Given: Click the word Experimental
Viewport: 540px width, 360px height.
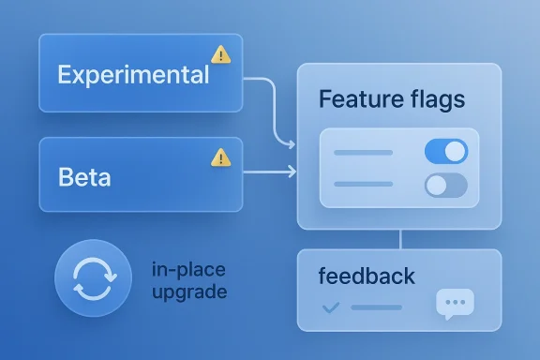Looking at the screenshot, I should [x=132, y=74].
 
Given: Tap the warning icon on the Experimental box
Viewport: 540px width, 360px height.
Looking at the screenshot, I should [x=221, y=53].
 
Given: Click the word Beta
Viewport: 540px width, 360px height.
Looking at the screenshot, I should [x=83, y=177].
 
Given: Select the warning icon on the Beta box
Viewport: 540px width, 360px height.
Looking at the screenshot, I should [x=221, y=157].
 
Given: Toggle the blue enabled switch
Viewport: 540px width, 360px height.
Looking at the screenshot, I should [x=445, y=152].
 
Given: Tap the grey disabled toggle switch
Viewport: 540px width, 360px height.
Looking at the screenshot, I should [x=445, y=185].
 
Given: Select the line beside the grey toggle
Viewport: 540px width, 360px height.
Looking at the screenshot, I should [x=363, y=185].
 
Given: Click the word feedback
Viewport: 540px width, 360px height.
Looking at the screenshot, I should [x=366, y=277].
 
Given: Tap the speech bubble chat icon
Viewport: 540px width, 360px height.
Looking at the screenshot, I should [x=455, y=304].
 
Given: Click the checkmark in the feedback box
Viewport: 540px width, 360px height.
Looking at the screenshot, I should [x=329, y=307].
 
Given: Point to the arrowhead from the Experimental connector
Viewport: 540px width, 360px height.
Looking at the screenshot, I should [x=292, y=144].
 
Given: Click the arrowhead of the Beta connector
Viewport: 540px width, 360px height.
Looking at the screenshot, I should [x=292, y=171].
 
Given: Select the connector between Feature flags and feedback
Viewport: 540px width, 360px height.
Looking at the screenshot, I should [x=400, y=239].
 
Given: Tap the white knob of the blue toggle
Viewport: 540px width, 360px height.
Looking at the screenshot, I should [x=455, y=152].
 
